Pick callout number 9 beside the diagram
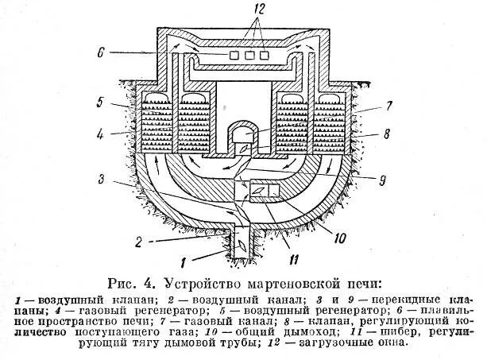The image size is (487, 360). click(x=383, y=180)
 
